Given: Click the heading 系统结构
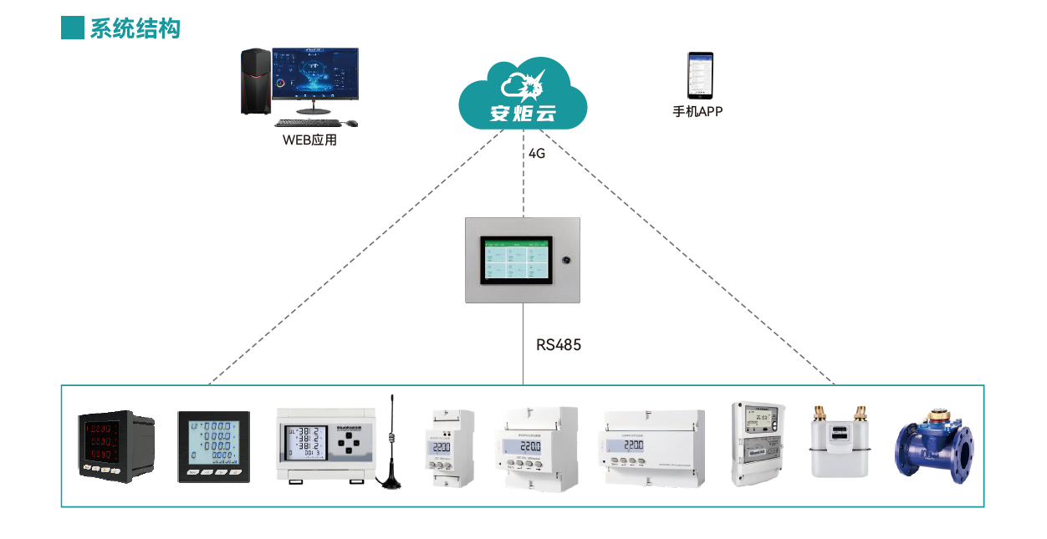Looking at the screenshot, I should pyautogui.click(x=135, y=28).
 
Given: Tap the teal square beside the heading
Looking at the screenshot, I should pyautogui.click(x=73, y=28).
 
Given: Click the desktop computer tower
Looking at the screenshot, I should pyautogui.click(x=256, y=81).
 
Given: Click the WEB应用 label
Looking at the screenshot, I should pyautogui.click(x=309, y=140).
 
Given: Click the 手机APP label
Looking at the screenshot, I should pyautogui.click(x=697, y=111).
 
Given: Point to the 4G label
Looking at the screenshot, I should pyautogui.click(x=537, y=154).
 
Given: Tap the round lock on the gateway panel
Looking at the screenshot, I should pyautogui.click(x=566, y=260).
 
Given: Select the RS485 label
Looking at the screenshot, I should pyautogui.click(x=559, y=344).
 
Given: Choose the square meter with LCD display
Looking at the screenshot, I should pyautogui.click(x=214, y=445).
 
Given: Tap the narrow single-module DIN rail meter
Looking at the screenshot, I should pyautogui.click(x=452, y=448).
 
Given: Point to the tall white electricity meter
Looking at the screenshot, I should pyautogui.click(x=758, y=443).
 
